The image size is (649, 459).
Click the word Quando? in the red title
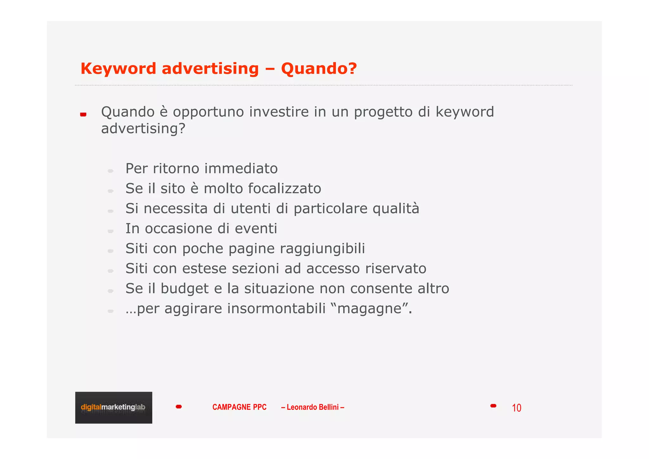319,69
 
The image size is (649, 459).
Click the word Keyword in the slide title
118,69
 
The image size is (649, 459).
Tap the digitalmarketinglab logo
113,407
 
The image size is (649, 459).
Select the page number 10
516,408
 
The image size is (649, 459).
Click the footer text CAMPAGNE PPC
239,407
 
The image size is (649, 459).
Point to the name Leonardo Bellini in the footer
312,407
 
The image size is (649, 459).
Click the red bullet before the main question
83,115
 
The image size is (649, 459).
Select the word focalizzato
284,188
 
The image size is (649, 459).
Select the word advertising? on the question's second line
143,128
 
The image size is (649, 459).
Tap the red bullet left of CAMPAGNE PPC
179,407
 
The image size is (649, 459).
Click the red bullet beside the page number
493,406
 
